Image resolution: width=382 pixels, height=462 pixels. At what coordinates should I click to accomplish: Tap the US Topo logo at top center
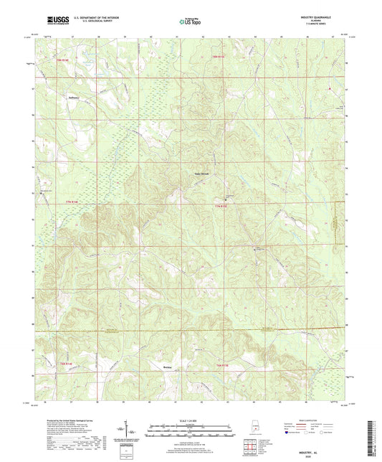coord(189,22)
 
